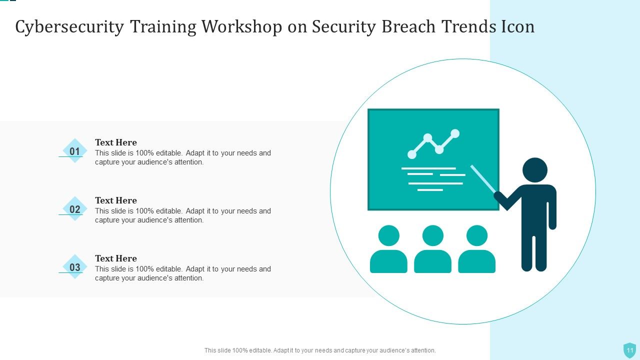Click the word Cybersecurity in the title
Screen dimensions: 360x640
pos(69,27)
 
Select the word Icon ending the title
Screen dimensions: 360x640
pos(518,27)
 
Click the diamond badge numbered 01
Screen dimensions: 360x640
pos(75,151)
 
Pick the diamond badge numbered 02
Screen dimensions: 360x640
pos(75,209)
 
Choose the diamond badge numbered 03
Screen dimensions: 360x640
pos(75,267)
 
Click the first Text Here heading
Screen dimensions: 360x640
pos(116,142)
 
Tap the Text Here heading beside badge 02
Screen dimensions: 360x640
pos(116,200)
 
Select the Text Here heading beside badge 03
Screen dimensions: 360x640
pos(116,258)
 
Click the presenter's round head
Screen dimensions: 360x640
pos(534,170)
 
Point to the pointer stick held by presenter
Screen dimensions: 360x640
pos(482,178)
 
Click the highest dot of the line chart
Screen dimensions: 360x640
pos(455,133)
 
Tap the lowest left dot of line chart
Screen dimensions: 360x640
pos(412,154)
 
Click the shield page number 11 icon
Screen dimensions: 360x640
pos(629,350)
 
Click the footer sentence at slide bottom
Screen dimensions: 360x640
pos(320,350)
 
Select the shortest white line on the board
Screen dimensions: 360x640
pos(430,190)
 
